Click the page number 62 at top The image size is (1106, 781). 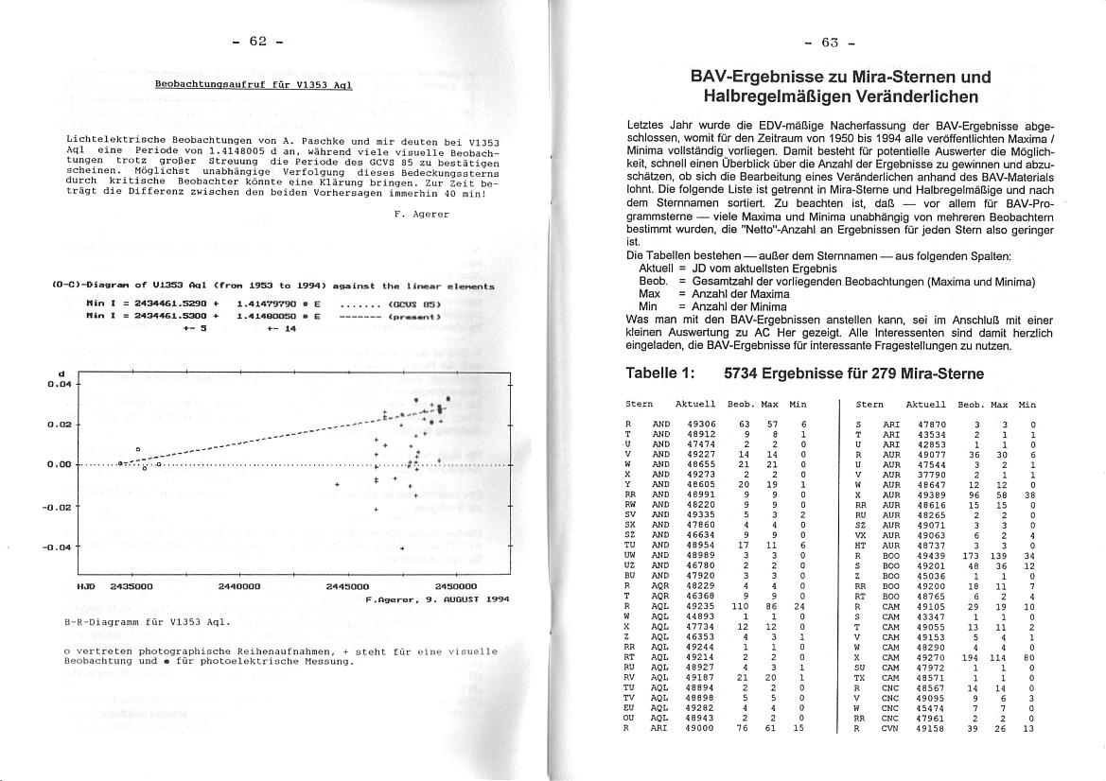[258, 41]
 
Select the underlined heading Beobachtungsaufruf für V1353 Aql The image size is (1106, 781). [254, 84]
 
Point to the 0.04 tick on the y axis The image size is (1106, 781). [60, 384]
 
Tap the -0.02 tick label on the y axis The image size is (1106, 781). [58, 507]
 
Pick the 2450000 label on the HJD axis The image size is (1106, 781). [455, 586]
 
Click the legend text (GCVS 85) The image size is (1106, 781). [414, 304]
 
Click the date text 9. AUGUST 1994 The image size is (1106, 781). [465, 599]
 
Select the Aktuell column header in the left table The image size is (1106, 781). [695, 404]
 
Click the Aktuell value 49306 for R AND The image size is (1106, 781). [701, 424]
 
